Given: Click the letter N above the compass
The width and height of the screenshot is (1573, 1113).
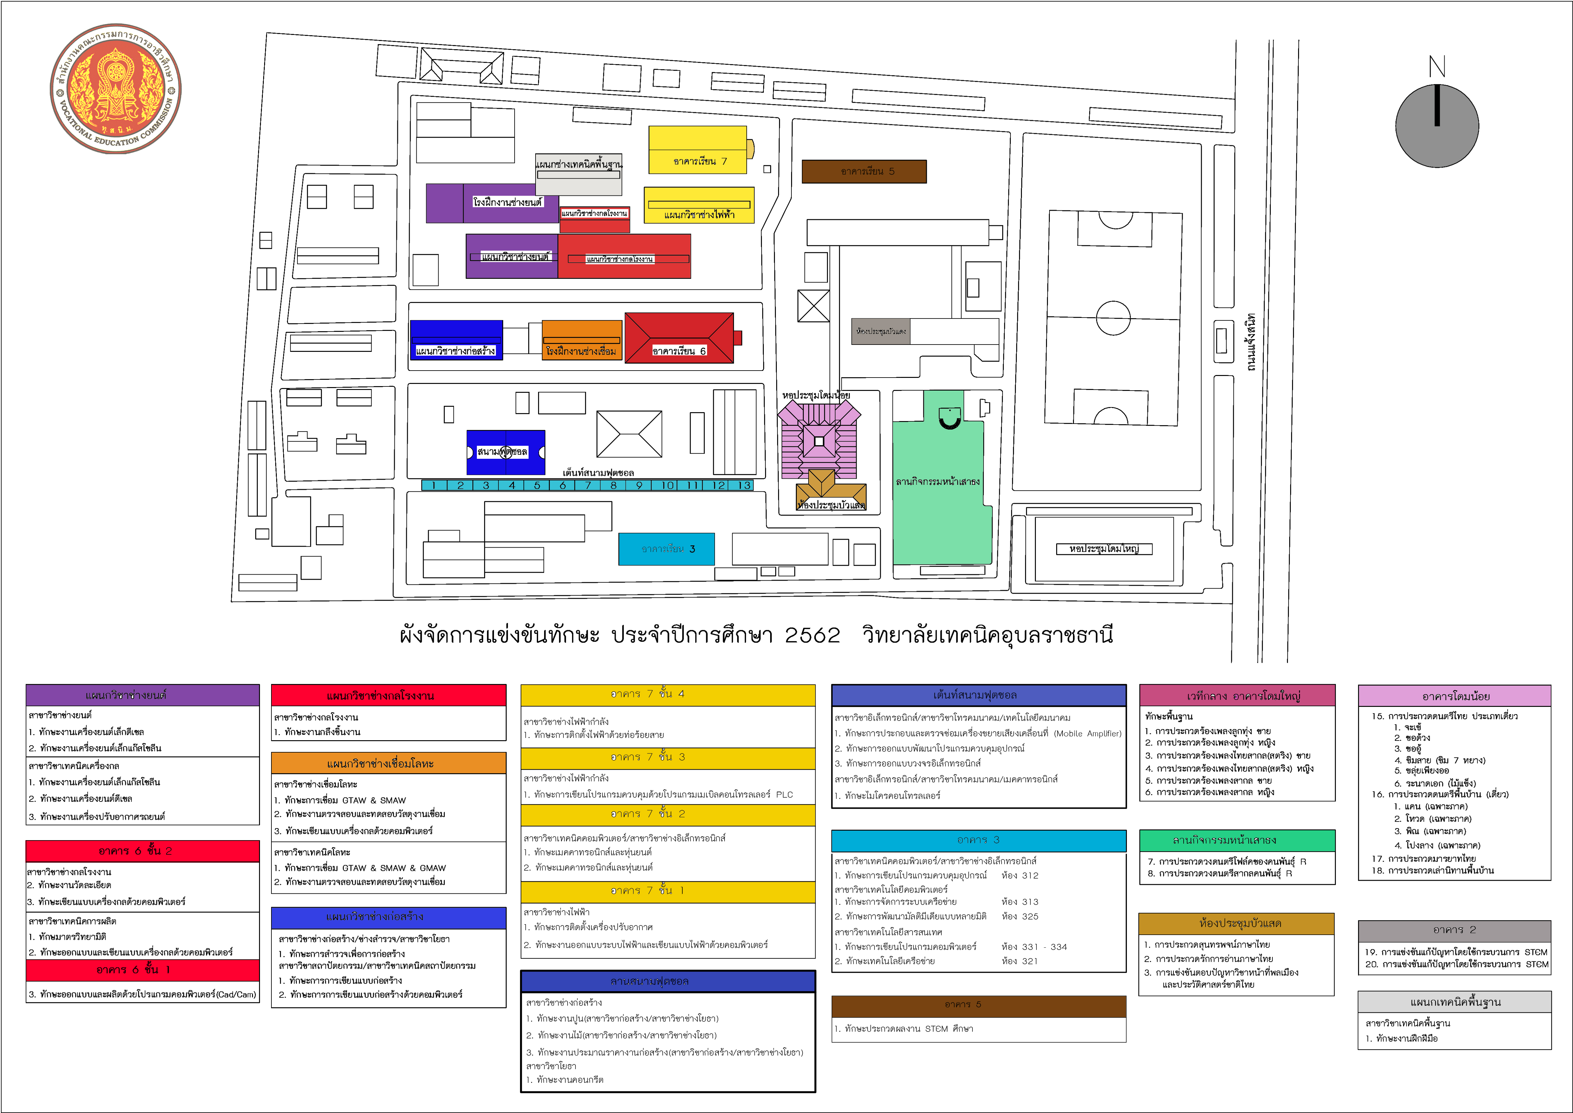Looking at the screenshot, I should tap(1437, 67).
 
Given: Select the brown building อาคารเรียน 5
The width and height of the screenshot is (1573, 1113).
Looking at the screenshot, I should tap(864, 171).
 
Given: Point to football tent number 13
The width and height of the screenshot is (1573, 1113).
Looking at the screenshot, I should tap(744, 485).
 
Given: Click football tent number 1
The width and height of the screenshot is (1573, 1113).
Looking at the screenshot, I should tap(434, 485).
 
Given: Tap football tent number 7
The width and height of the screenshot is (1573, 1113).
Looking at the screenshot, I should tap(588, 485).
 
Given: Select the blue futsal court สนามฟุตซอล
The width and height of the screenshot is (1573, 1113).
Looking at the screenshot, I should tap(506, 452).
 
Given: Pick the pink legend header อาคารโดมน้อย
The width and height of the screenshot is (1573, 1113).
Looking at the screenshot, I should tap(1454, 696).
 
